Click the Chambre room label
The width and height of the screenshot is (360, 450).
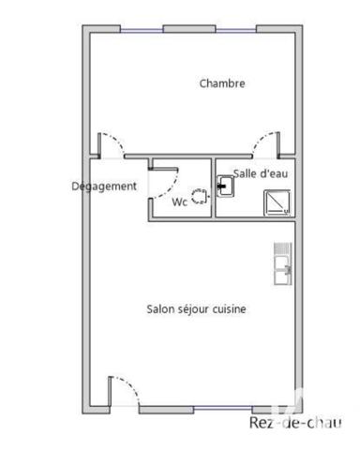[222, 83]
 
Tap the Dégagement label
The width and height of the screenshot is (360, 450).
[104, 186]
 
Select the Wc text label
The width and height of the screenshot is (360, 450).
[178, 201]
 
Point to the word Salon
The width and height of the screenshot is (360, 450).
[160, 308]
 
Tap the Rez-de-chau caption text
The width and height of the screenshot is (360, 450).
[295, 423]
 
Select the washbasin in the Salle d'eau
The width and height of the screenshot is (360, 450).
[226, 187]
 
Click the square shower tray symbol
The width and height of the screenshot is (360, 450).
[277, 202]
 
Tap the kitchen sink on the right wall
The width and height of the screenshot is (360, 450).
[282, 263]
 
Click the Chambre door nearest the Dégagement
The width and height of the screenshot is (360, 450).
[112, 145]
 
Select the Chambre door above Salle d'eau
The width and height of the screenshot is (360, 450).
[264, 145]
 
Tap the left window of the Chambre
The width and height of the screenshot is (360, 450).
[142, 29]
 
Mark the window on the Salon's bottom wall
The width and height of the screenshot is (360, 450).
[197, 410]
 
